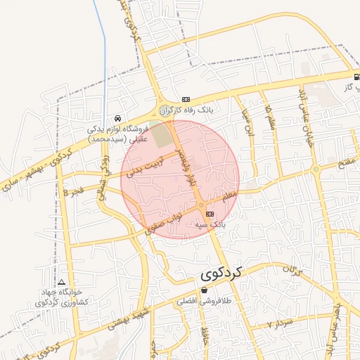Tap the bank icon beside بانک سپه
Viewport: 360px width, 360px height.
pos(210,213)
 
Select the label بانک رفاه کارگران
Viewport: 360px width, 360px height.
pos(186,110)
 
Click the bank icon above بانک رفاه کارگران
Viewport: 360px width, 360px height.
pos(186,100)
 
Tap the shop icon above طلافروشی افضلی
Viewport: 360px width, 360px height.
pos(204,290)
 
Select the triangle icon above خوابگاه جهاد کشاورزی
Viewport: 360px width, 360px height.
pos(61,281)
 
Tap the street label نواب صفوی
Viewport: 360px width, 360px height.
pos(162,221)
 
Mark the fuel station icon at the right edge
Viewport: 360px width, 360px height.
pos(356,76)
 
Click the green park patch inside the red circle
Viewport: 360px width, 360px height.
pos(162,134)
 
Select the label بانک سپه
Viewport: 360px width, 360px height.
pos(209,224)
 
